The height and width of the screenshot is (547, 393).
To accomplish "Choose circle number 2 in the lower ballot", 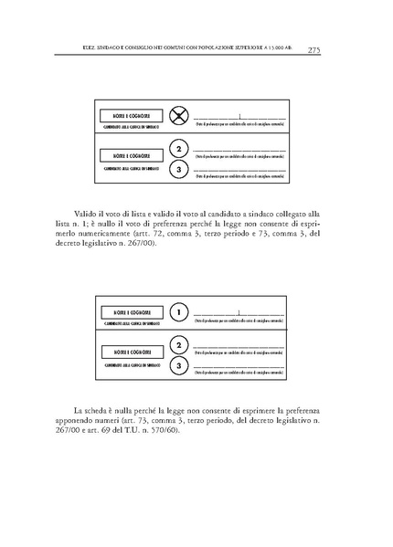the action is [x=180, y=345].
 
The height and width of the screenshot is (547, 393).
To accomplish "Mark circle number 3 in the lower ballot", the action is [x=180, y=366].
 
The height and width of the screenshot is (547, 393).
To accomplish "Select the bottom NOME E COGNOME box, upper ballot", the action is [x=128, y=156].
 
